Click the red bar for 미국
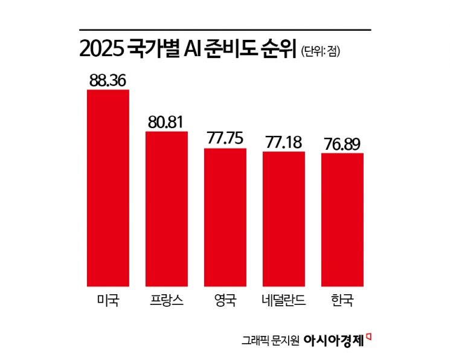(108, 187)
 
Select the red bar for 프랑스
(167, 208)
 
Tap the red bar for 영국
(225, 216)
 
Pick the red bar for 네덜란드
(284, 218)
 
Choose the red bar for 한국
(342, 219)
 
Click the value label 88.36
(108, 80)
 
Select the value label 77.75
(225, 138)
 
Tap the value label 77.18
(284, 143)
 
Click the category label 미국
(108, 300)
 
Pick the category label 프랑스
(167, 300)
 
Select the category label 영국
(225, 300)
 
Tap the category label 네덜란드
(284, 300)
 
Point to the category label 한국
(342, 300)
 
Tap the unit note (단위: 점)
(320, 52)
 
